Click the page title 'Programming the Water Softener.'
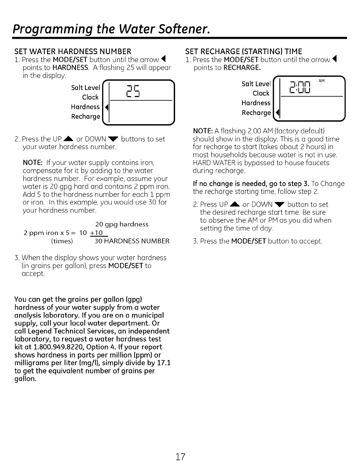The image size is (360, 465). pyautogui.click(x=111, y=29)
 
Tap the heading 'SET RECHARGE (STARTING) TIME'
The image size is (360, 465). pyautogui.click(x=244, y=52)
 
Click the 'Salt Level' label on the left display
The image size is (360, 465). pyautogui.click(x=85, y=87)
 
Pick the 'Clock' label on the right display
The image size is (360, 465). pyautogui.click(x=261, y=93)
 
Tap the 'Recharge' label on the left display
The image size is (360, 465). pyautogui.click(x=85, y=116)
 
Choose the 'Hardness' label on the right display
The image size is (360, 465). pyautogui.click(x=256, y=103)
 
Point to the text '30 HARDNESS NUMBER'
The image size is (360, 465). pyautogui.click(x=132, y=241)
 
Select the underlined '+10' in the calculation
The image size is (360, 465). pyautogui.click(x=97, y=233)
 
